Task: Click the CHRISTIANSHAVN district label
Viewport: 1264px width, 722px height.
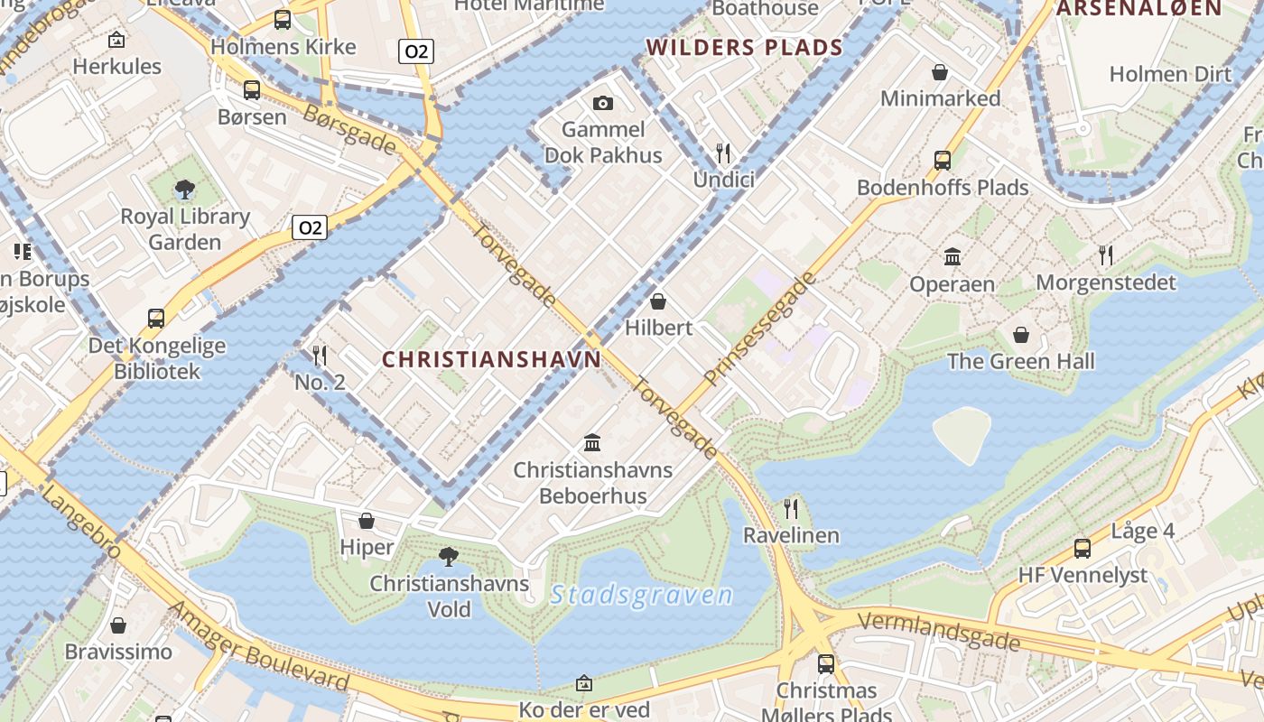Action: click(x=491, y=359)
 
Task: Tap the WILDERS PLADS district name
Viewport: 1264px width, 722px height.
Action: click(x=745, y=48)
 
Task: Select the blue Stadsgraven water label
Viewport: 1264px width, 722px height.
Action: click(x=641, y=595)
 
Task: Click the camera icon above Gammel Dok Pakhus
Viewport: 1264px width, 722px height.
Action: click(x=602, y=104)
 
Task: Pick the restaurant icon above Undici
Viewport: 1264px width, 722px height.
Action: click(x=722, y=153)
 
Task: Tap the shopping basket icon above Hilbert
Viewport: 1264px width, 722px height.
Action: click(x=658, y=301)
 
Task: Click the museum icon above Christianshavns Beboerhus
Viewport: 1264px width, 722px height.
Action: click(x=592, y=442)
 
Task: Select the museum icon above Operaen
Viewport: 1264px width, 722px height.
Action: click(x=952, y=257)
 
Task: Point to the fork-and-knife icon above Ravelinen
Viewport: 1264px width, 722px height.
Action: click(x=791, y=508)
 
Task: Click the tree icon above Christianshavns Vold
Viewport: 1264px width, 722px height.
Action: click(x=448, y=556)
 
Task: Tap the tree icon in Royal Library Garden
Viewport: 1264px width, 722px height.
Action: click(x=185, y=190)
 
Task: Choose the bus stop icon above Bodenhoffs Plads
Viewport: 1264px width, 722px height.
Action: click(x=942, y=161)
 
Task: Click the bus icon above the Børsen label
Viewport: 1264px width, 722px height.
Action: click(x=252, y=90)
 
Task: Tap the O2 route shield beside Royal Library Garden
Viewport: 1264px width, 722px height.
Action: click(x=309, y=227)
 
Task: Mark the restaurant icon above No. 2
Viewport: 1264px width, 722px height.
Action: click(x=319, y=356)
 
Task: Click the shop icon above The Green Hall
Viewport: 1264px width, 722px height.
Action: click(x=1020, y=335)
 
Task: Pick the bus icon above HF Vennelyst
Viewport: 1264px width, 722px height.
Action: click(x=1082, y=548)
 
